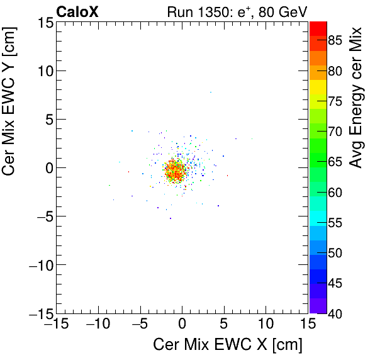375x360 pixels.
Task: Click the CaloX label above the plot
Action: pos(77,11)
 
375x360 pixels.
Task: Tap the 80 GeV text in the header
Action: pos(282,11)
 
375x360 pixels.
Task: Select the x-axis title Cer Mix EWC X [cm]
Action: pos(228,346)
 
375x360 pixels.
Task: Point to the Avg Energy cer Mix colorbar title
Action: pos(356,98)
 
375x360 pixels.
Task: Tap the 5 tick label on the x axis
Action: pos(224,325)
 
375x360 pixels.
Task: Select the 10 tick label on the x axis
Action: pos(266,325)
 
